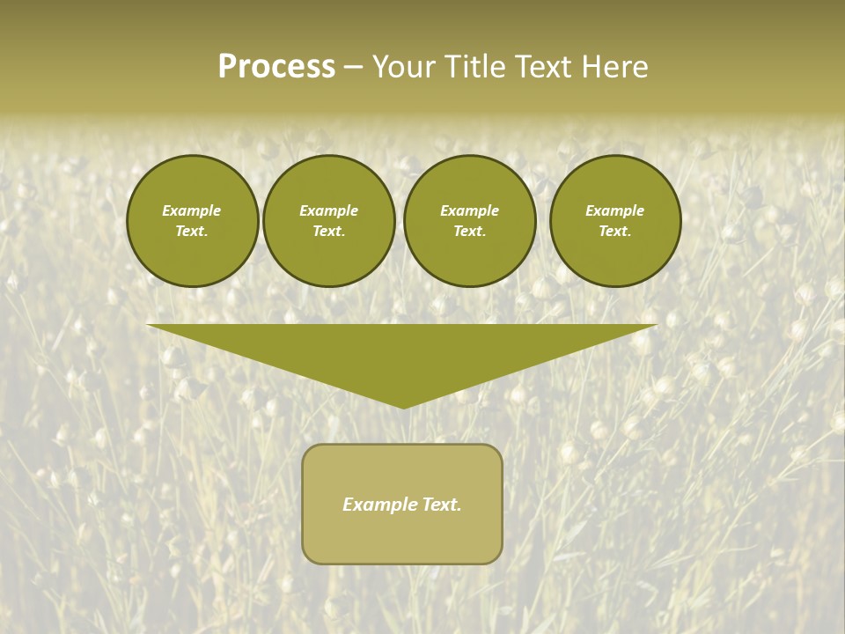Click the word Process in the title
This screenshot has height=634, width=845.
(276, 67)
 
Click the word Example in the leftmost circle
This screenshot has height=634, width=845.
(192, 210)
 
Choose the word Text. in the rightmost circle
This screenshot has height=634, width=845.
(615, 231)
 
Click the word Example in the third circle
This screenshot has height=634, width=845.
(470, 210)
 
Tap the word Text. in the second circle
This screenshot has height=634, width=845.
(329, 231)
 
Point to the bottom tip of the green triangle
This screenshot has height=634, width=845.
(403, 406)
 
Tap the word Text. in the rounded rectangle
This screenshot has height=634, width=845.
(442, 505)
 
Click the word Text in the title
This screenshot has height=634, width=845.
(545, 67)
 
